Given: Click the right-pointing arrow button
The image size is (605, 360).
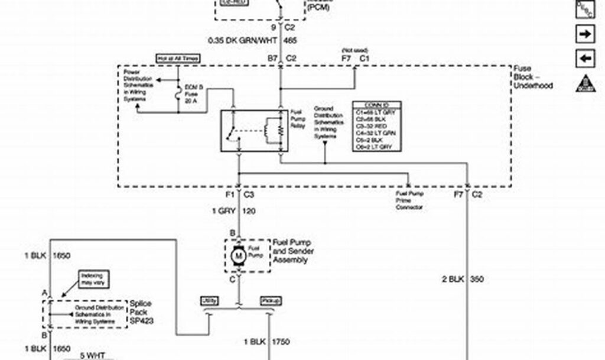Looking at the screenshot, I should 585,34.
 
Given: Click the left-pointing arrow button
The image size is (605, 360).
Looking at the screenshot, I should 585,59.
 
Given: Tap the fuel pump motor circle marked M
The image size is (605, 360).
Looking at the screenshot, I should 240,255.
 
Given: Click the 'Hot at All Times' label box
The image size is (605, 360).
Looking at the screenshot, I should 177,59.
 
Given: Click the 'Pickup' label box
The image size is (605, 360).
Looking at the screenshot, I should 270,301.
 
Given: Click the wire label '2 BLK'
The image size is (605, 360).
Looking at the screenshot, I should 454,279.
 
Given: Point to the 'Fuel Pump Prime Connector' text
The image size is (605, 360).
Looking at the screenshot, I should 409,200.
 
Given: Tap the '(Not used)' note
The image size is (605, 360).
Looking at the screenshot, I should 355,51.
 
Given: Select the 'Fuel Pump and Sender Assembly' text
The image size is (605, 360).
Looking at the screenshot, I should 293,251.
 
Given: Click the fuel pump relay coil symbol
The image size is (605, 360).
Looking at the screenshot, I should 274,130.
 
